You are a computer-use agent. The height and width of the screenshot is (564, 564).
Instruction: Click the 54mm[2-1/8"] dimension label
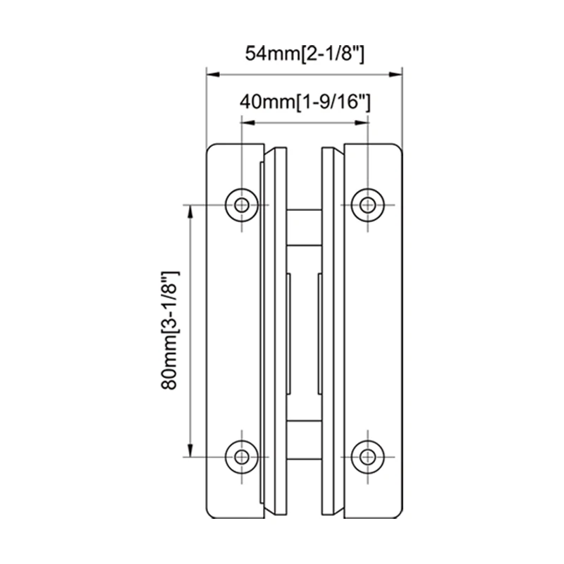pos(304,54)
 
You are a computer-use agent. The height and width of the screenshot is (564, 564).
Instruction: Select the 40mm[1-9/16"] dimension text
pos(305,103)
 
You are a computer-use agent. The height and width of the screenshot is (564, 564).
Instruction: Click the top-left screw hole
pos(242,205)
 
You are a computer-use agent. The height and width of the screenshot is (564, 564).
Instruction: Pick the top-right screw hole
pos(366,205)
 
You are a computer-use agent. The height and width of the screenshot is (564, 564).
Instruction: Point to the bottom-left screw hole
pos(242,456)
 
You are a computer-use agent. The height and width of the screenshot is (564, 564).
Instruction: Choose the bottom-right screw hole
pos(366,456)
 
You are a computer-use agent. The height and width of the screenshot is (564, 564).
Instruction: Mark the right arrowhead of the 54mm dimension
pos(396,73)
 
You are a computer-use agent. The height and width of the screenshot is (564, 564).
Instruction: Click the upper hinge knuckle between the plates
pos(304,226)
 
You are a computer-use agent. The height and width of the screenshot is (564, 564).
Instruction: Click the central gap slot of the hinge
pos(304,331)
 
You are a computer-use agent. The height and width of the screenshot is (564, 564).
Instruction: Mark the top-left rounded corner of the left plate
pos(209,149)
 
